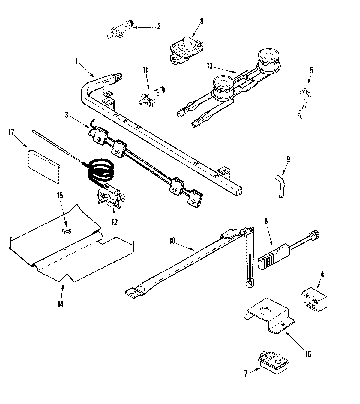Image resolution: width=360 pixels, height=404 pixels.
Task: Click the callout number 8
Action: [201, 21]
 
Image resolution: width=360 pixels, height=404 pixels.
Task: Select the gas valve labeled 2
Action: [120, 30]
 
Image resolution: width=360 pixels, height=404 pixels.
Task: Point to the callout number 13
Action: [209, 66]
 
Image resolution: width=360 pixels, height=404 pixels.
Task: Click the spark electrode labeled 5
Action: [305, 92]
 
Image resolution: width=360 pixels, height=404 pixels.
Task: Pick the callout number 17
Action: [11, 132]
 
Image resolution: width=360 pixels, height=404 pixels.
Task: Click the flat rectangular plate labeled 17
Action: [44, 166]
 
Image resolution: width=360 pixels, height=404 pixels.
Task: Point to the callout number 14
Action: [61, 304]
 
